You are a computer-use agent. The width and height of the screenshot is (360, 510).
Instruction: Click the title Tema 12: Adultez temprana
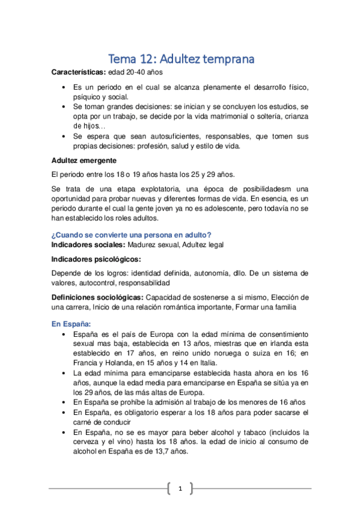tap(180, 59)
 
